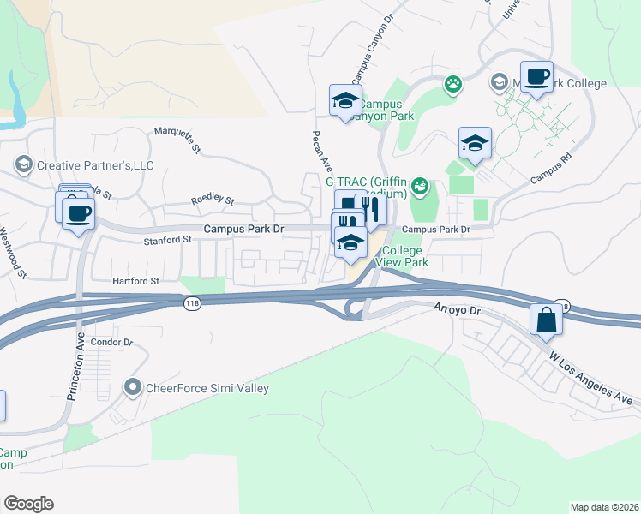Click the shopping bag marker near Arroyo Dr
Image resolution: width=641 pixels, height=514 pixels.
[547, 320]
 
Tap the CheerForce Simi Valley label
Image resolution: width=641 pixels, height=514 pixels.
[209, 388]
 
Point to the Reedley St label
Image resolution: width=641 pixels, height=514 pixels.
[212, 200]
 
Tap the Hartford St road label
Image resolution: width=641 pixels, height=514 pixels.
[135, 280]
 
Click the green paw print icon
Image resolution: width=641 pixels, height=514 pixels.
[452, 84]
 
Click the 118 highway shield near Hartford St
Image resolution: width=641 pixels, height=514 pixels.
[191, 304]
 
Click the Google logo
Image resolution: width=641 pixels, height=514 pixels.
[28, 504]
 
